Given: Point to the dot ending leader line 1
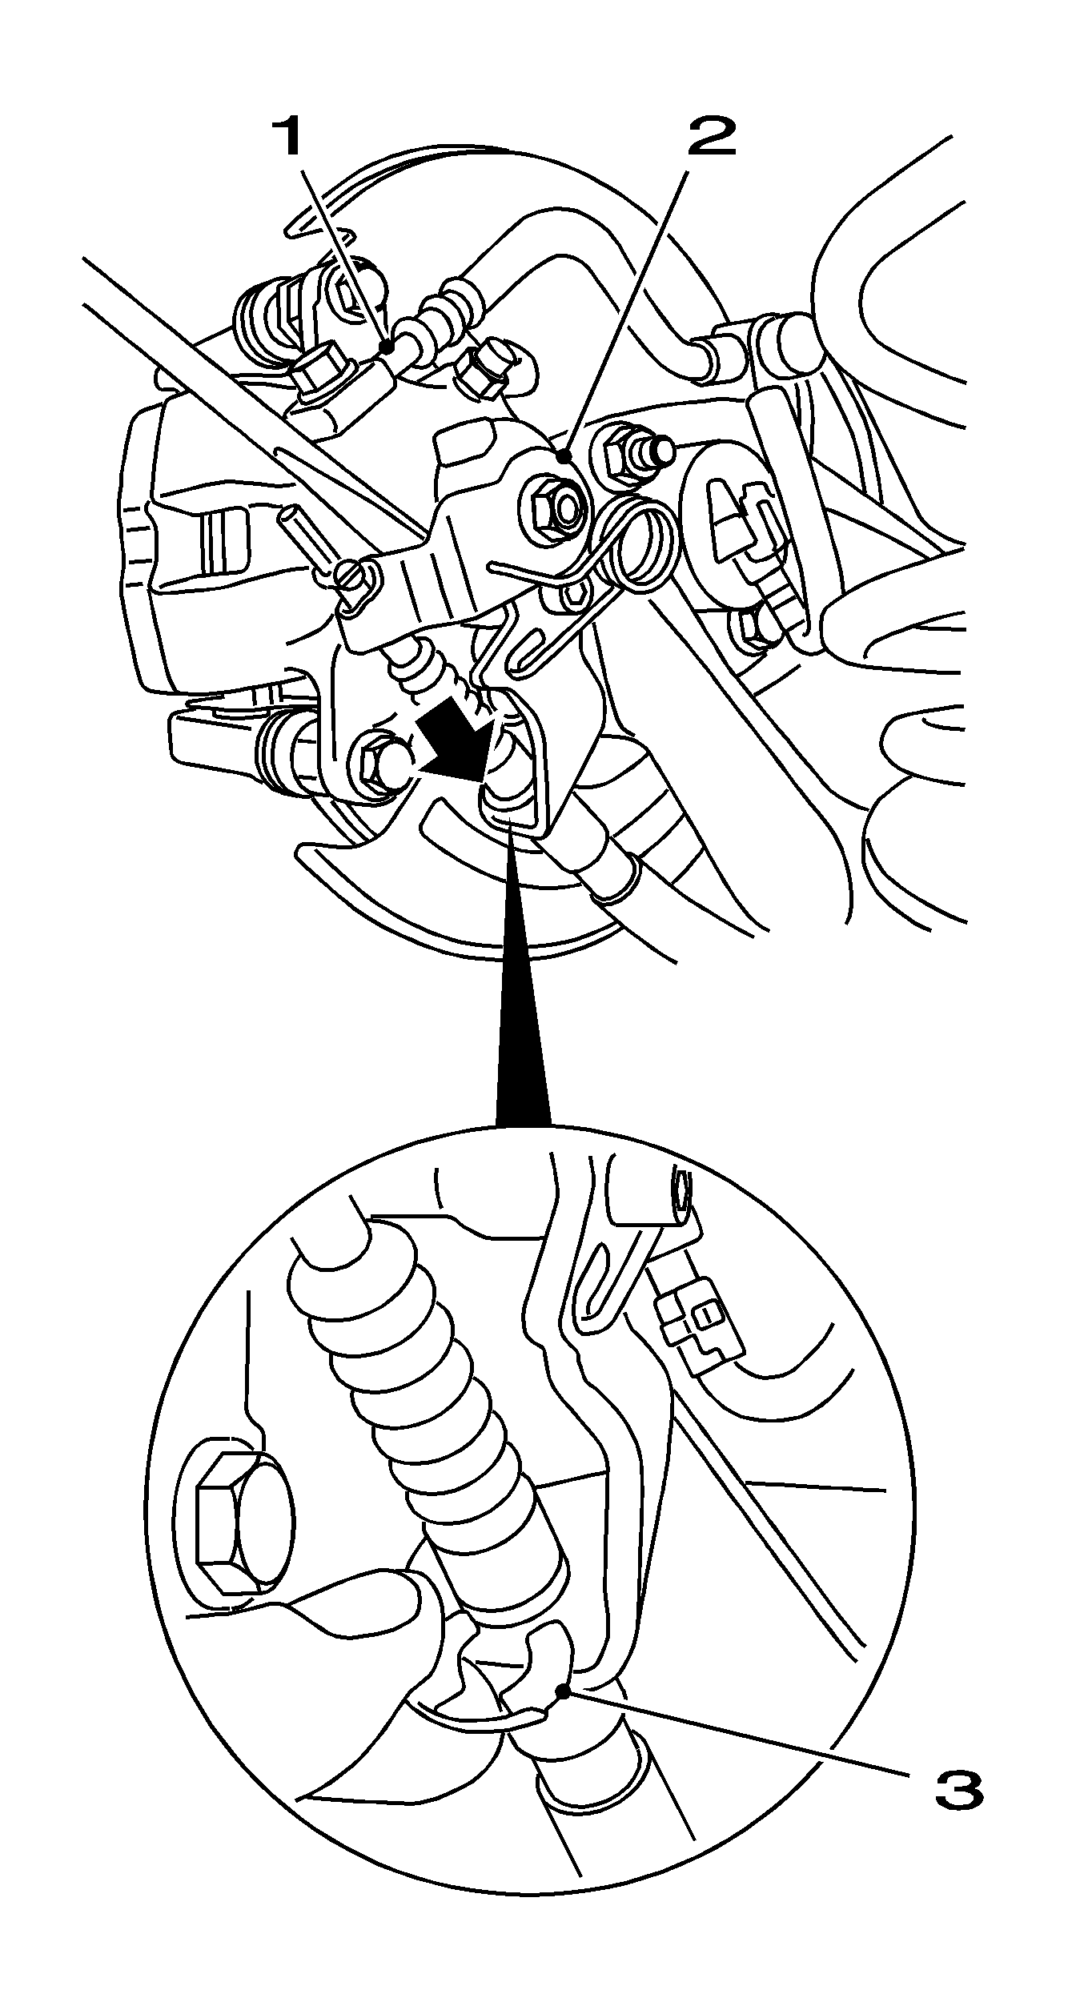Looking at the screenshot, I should point(387,347).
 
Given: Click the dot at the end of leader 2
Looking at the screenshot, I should point(565,456).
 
